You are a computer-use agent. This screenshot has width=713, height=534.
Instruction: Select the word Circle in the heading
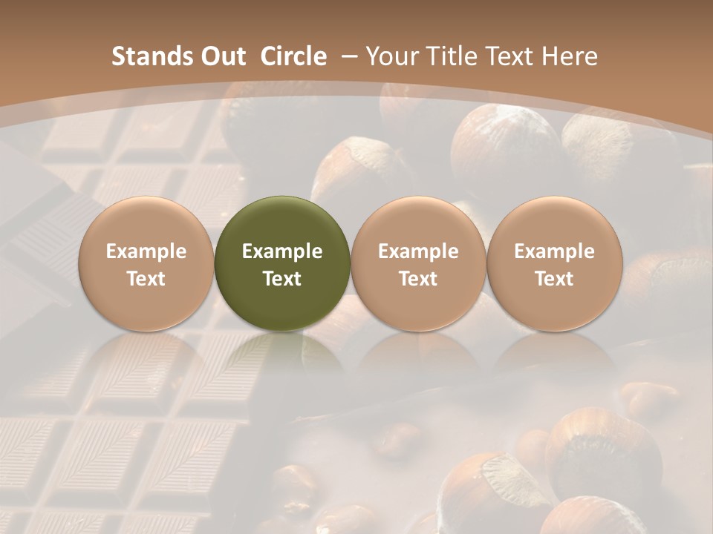293,56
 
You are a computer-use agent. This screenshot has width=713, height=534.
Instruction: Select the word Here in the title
570,56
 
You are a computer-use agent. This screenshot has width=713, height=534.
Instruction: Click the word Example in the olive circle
282,251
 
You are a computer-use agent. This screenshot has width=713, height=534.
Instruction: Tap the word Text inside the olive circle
282,279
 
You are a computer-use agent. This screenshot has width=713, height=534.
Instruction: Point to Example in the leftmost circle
146,251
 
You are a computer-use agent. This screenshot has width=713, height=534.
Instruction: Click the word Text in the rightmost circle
554,279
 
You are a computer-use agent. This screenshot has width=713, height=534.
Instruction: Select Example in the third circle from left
418,251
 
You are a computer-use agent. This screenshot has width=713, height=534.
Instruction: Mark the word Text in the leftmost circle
146,279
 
